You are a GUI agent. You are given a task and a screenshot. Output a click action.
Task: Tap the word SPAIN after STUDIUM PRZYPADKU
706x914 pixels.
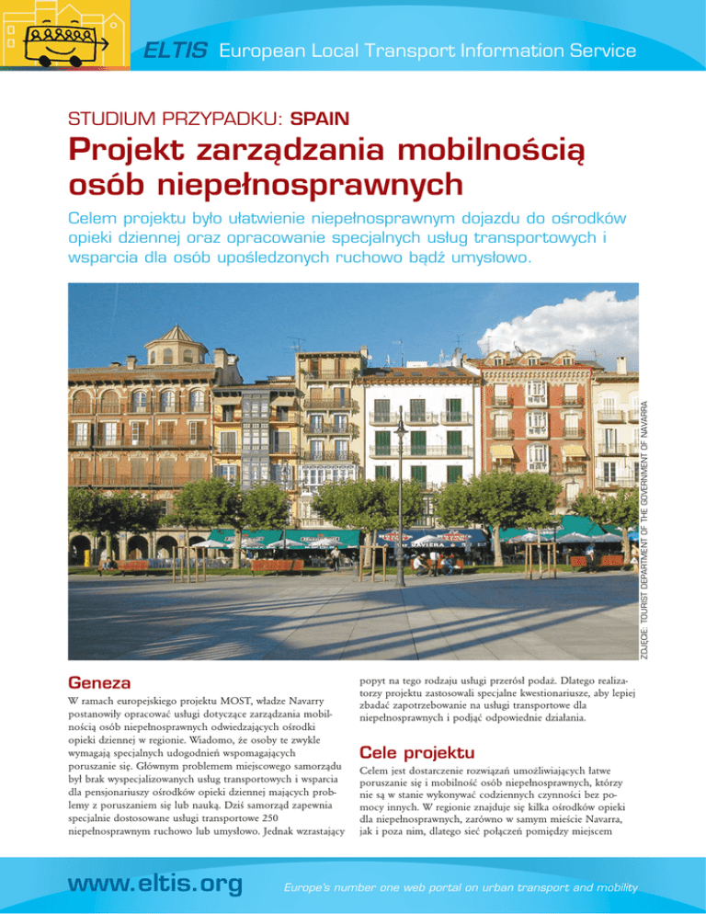point(319,119)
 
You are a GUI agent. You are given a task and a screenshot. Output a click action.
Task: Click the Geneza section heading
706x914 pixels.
point(99,683)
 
